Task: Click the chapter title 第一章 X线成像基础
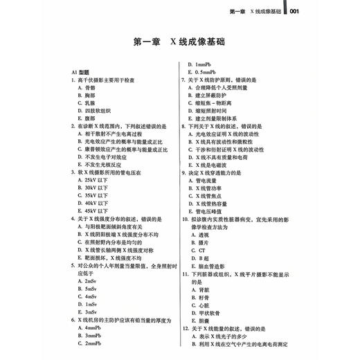tap(179, 42)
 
